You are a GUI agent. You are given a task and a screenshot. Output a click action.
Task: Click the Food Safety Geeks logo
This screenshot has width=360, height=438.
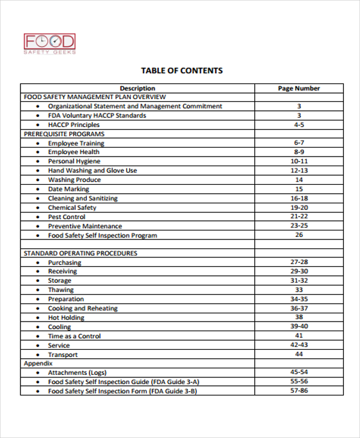pos(49,44)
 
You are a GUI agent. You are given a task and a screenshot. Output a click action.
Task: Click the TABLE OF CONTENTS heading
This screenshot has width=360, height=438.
pos(181,70)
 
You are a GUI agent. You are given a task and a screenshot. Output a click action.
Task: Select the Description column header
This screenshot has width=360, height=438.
pos(137,88)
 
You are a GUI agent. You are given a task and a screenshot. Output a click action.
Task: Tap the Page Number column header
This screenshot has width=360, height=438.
pos(299,88)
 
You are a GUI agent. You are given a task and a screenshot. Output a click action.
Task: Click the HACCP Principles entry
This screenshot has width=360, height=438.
pos(74,125)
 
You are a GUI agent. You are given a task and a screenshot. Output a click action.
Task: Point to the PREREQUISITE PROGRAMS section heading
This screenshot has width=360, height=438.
pos(64,134)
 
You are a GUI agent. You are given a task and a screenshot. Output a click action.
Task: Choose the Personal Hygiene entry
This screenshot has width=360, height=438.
pos(74,161)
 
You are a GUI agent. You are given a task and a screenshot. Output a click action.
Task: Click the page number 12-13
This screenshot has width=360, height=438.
pos(299,170)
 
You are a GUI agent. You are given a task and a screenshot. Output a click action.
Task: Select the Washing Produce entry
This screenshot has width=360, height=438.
pos(74,180)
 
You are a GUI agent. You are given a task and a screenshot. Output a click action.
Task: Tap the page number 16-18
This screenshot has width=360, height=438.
pos(299,198)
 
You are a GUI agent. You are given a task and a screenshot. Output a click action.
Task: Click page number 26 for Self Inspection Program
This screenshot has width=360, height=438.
pos(299,235)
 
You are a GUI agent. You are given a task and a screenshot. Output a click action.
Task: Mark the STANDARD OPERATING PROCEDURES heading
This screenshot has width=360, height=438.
pos(80,253)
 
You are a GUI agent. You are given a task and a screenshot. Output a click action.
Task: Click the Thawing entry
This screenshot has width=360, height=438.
pos(61,290)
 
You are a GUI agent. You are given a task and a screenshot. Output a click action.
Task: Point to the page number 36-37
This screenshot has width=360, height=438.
pos(299,308)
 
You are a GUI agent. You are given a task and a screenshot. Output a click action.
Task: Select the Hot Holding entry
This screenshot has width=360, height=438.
pos(66,317)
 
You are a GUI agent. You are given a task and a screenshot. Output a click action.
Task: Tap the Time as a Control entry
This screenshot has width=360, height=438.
pos(74,336)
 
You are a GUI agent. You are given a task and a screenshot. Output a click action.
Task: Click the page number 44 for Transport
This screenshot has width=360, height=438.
pos(299,355)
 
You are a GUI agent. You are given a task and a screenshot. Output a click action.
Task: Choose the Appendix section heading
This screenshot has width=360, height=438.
pos(38,364)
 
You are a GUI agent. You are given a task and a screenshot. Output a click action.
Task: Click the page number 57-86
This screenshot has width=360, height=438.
pos(299,391)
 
